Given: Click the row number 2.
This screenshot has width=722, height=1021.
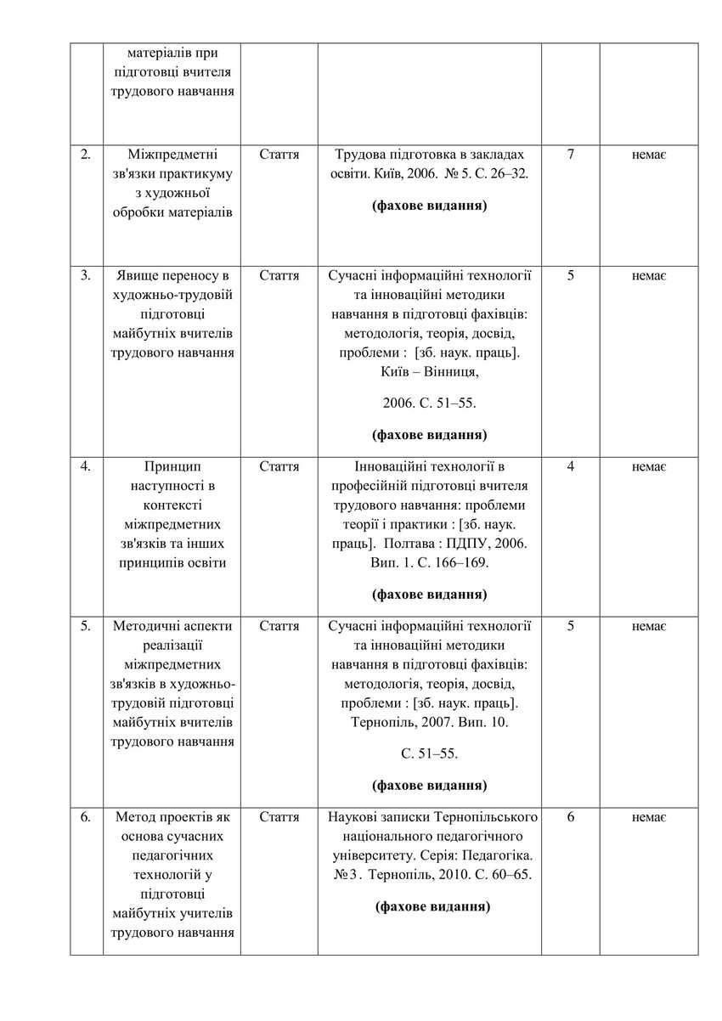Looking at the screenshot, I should [86, 155].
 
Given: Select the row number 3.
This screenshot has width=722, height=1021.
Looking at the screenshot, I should [86, 275].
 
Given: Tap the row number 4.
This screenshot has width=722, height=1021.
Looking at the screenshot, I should [86, 466].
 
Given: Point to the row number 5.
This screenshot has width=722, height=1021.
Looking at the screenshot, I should [86, 626].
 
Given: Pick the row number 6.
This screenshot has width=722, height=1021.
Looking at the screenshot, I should [86, 817].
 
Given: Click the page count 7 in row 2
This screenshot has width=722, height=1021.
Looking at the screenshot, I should [570, 155].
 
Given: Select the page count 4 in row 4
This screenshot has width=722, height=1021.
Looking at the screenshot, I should [570, 466].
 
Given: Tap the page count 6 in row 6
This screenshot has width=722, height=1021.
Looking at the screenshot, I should [570, 817].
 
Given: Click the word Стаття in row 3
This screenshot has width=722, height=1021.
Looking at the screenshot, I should [279, 275].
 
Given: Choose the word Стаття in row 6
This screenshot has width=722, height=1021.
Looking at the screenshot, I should [279, 817].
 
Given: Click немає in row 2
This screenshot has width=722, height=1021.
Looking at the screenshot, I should [648, 155].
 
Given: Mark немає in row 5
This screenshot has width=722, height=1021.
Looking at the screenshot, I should [648, 626].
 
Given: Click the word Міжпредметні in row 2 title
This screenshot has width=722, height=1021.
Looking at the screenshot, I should [172, 155].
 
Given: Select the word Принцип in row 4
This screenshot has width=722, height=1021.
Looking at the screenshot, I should [172, 466].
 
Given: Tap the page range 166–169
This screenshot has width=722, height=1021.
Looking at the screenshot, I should [459, 562].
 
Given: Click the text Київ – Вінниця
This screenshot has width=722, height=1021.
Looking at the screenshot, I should [429, 371].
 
